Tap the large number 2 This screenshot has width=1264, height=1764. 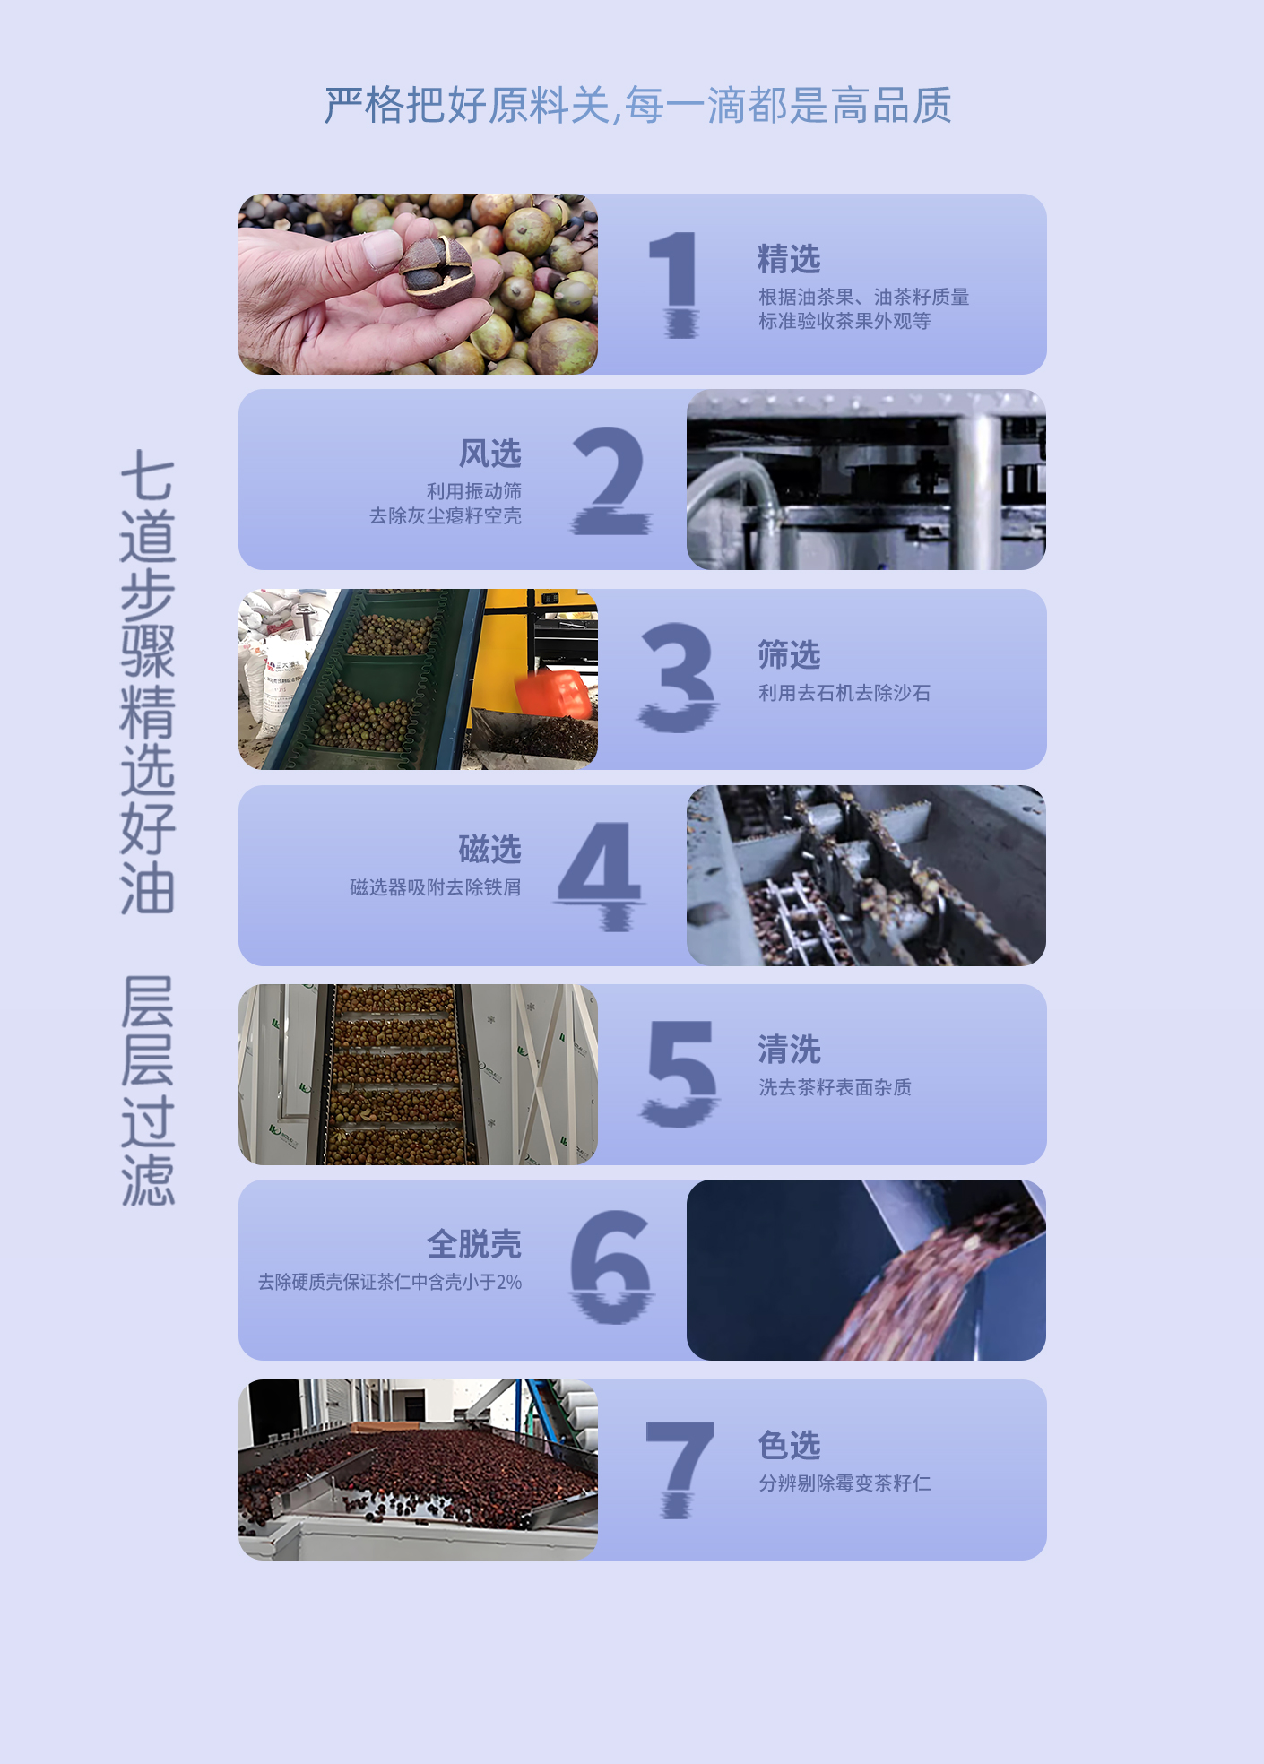(611, 480)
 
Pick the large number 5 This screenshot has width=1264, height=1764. (680, 1074)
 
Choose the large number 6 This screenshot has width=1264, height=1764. (611, 1267)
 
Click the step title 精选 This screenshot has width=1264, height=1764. (789, 259)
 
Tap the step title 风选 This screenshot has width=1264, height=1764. (490, 454)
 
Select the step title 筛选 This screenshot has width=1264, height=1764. (789, 655)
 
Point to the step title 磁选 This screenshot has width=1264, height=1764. (489, 849)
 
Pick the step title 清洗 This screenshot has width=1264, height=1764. (789, 1050)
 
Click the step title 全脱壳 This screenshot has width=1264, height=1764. (474, 1244)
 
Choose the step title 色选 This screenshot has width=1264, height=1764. (789, 1445)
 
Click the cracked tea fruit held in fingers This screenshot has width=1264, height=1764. (437, 270)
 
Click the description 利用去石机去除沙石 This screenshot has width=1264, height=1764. (844, 693)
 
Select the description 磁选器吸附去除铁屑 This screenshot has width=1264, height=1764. (436, 887)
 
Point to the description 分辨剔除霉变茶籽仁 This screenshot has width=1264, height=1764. (844, 1483)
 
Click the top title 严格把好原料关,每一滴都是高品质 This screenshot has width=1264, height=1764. (637, 106)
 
